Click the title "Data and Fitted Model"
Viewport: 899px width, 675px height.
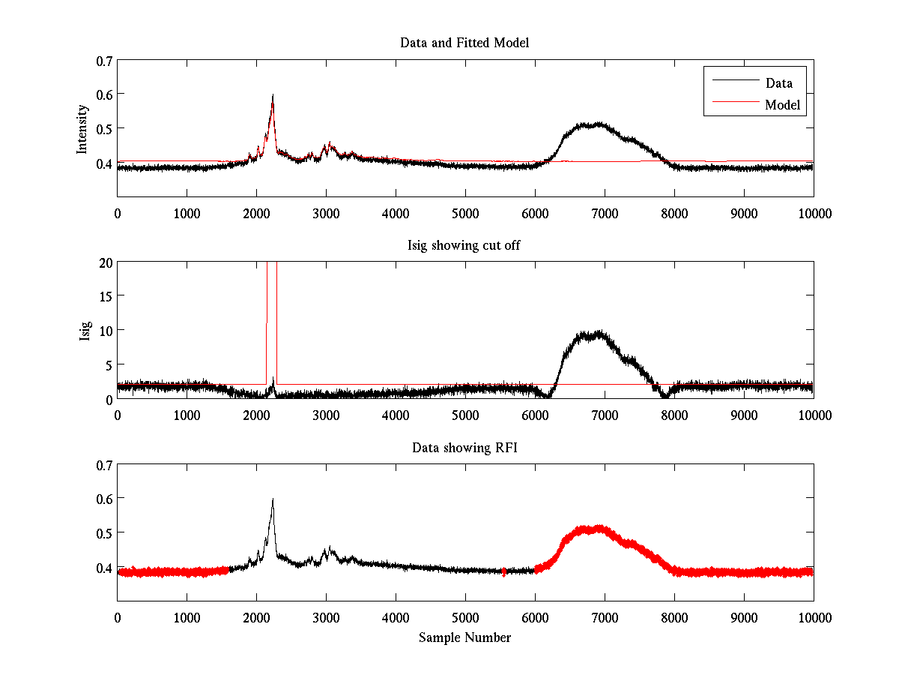[464, 43]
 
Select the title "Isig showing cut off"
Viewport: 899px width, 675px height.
[464, 245]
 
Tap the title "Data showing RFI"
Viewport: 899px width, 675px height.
[464, 448]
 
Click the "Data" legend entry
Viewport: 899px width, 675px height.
[778, 82]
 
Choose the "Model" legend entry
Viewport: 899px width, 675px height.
[783, 105]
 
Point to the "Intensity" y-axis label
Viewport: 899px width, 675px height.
[82, 128]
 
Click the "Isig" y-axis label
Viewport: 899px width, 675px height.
[85, 331]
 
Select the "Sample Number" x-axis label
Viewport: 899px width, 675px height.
[464, 637]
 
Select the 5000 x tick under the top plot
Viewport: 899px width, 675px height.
[465, 213]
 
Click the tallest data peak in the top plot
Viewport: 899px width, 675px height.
[273, 95]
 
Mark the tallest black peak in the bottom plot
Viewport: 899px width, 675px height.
[273, 499]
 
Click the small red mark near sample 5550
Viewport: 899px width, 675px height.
[503, 571]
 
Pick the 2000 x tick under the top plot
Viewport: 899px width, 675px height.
[256, 213]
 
